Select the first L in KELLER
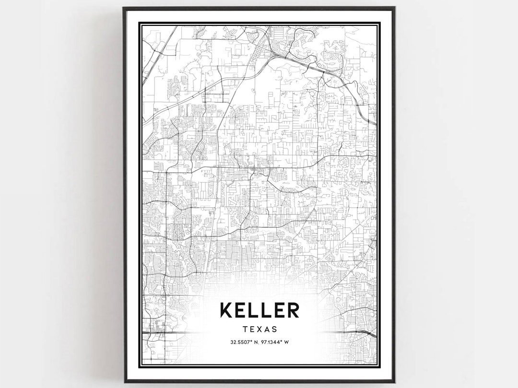point(255,310)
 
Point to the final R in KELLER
point(292,310)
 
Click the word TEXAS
point(259,329)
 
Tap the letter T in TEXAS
point(246,329)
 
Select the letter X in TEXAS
point(259,329)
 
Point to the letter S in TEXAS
point(274,329)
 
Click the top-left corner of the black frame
point(124,8)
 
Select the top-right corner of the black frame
point(394,8)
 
